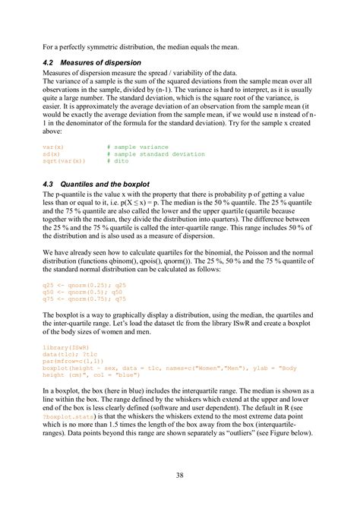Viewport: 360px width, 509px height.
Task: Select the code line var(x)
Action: (54, 147)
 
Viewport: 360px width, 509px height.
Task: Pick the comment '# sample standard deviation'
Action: (156, 154)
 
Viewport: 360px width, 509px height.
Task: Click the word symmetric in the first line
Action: (107, 47)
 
